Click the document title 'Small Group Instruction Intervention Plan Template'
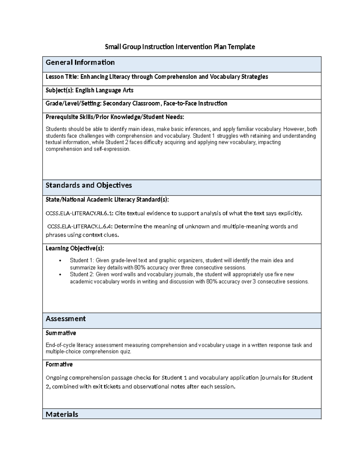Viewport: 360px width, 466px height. pos(180,47)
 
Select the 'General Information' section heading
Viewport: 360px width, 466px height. pos(80,62)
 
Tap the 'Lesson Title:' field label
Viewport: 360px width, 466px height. pos(62,77)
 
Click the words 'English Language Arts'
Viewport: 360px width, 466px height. pos(104,90)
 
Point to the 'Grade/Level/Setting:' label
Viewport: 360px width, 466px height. pos(73,104)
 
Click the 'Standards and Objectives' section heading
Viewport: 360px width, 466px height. pos(88,185)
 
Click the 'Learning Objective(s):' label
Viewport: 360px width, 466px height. pos(75,248)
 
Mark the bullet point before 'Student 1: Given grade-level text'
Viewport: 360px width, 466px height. pos(60,260)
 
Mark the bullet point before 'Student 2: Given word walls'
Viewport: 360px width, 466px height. pos(60,275)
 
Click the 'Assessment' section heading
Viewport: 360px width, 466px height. pos(65,319)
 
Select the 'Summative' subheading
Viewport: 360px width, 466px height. pos(61,333)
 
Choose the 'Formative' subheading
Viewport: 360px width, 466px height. pos(59,364)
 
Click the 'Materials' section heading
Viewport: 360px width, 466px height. pos(62,414)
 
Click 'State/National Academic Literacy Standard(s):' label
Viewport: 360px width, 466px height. pos(107,200)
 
